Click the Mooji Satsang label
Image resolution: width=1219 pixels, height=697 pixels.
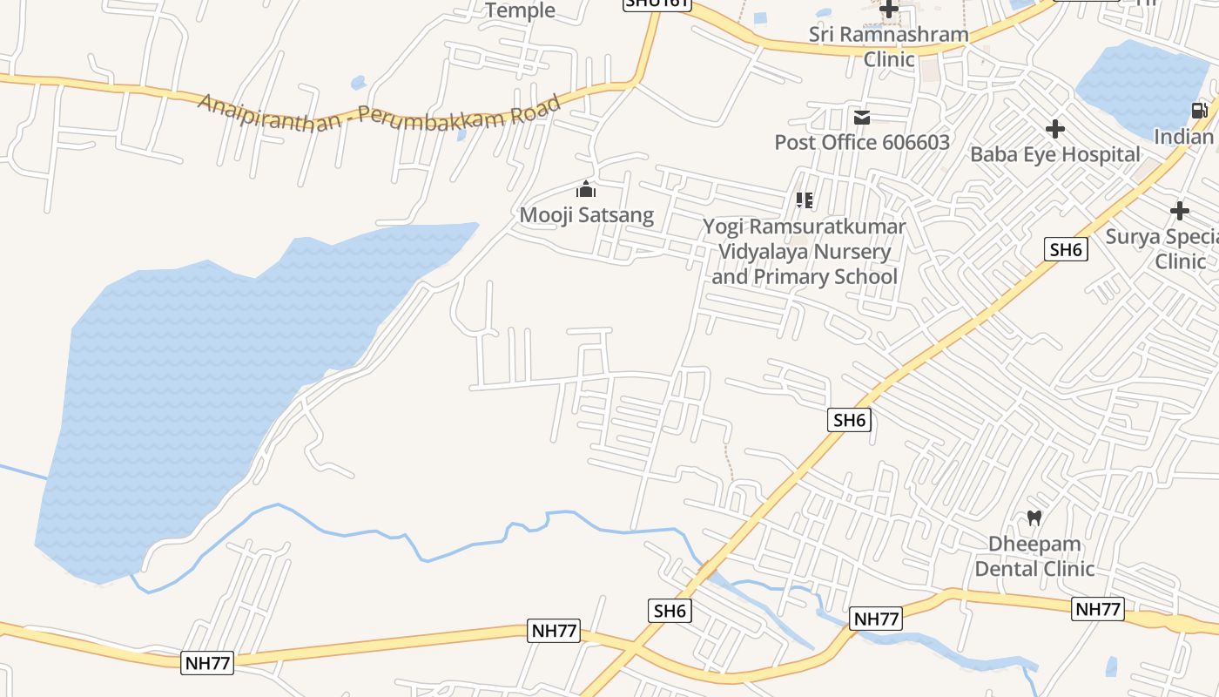point(586,214)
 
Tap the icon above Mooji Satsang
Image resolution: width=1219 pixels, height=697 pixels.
point(586,189)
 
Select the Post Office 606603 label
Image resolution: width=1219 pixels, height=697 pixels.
point(862,142)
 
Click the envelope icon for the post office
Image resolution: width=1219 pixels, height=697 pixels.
point(862,117)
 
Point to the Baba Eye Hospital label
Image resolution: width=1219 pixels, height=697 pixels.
point(1054,154)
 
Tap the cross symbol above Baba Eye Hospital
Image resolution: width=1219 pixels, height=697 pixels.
point(1055,129)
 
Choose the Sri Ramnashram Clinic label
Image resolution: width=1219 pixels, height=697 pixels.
point(888,47)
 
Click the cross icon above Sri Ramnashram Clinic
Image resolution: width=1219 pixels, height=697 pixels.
point(889,10)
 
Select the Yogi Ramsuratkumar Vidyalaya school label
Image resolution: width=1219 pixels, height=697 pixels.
point(805,252)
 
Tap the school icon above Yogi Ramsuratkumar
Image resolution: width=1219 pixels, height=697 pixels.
point(805,200)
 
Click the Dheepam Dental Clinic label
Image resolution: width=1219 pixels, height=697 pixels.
point(1034,556)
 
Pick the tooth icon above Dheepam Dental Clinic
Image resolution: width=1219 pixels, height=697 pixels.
point(1034,518)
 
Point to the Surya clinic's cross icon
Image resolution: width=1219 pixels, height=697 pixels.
point(1180,211)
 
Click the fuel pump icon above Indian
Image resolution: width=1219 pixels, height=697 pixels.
point(1200,111)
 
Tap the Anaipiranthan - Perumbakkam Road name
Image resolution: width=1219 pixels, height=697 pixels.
point(379,112)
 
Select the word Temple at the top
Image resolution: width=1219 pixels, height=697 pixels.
point(520,10)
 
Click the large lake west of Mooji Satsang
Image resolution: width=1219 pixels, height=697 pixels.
point(200,383)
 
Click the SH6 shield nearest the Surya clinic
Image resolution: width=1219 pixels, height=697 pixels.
point(1066,250)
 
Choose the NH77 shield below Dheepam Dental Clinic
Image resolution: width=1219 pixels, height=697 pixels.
point(1097,609)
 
